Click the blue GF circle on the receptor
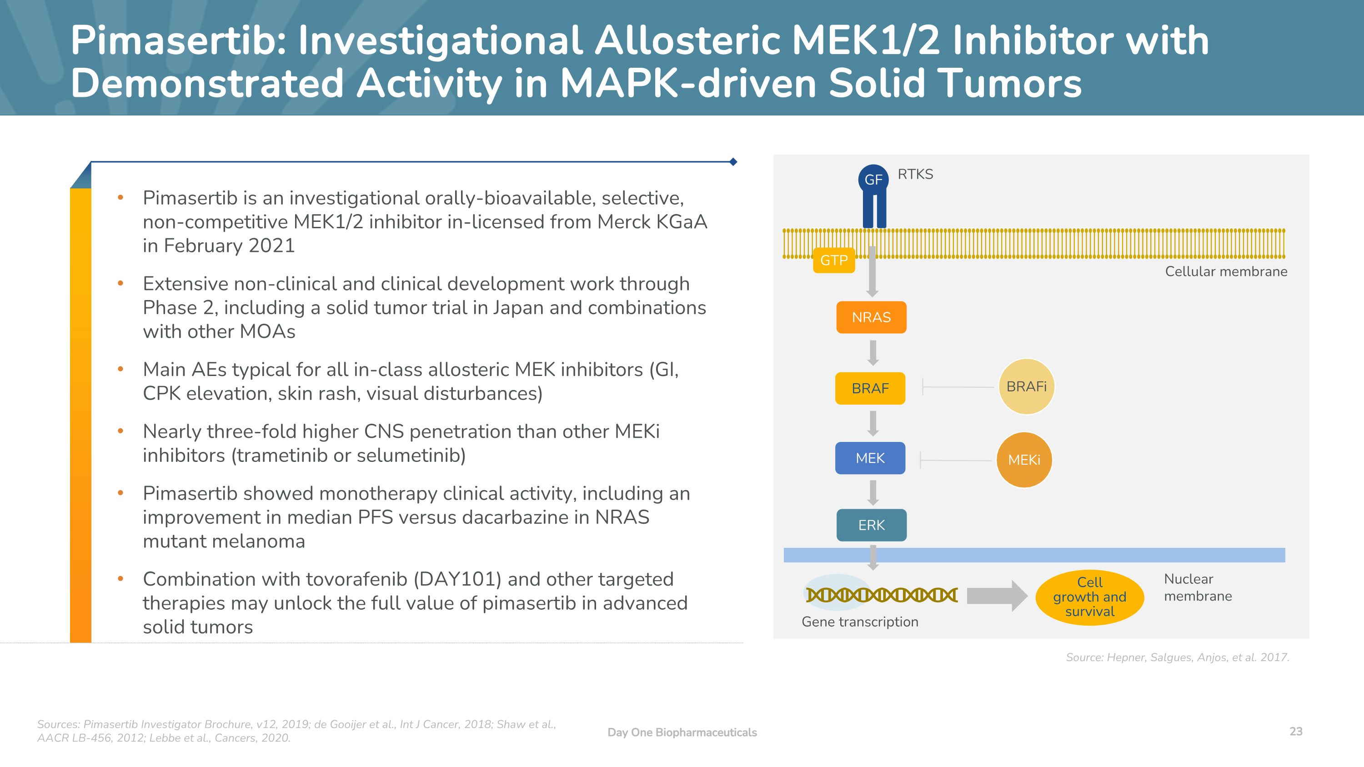[x=873, y=180]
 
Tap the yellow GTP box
[x=834, y=261]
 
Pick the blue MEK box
[x=870, y=458]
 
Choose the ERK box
[x=871, y=525]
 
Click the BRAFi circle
[x=1026, y=386]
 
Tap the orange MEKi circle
[x=1024, y=460]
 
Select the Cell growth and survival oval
[x=1090, y=597]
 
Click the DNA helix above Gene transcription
[x=882, y=595]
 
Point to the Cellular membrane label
[x=1226, y=271]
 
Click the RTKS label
[x=915, y=174]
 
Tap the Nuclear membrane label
[x=1198, y=587]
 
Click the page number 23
[x=1296, y=732]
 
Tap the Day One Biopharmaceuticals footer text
[x=682, y=732]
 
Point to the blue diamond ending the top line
[x=733, y=162]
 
